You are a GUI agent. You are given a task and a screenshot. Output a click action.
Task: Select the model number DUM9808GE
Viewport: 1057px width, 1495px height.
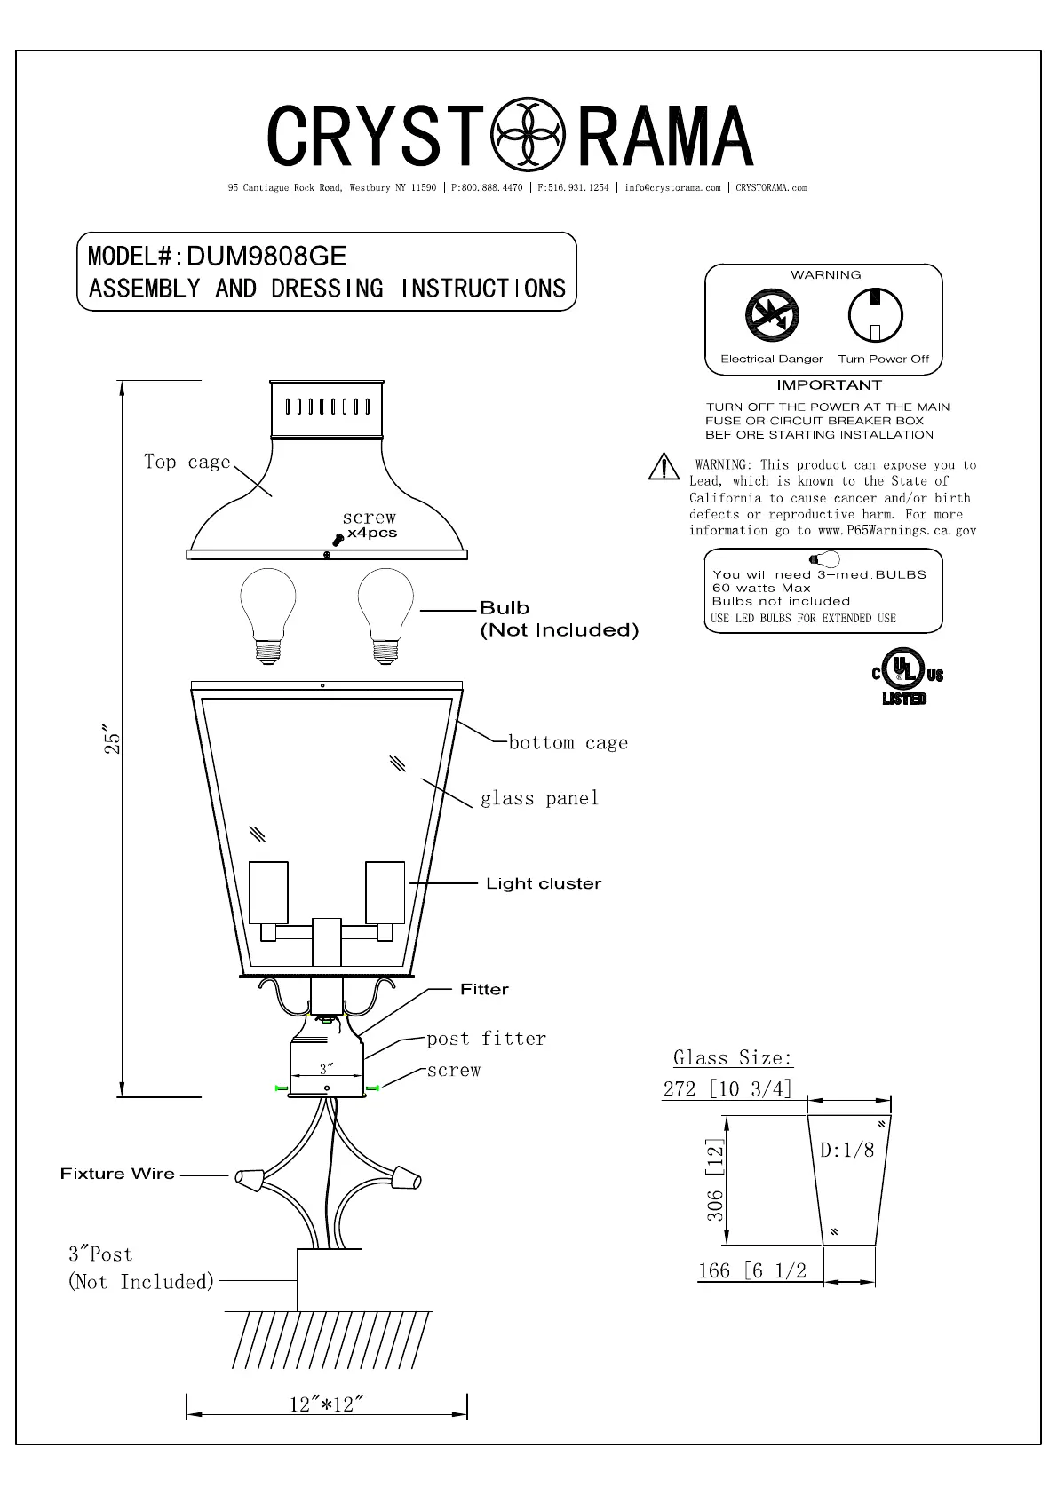(266, 257)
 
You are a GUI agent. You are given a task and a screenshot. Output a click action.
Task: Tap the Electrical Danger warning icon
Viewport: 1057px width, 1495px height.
(772, 316)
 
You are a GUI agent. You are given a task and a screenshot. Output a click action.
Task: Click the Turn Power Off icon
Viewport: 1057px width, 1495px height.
(875, 315)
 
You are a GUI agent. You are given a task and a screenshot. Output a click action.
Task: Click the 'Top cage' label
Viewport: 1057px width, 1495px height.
(187, 462)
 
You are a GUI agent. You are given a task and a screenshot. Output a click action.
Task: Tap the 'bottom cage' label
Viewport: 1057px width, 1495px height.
(568, 743)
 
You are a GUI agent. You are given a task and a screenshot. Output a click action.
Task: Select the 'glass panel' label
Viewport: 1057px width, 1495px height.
(539, 798)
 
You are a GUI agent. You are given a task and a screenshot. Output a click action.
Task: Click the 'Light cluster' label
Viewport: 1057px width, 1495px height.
(544, 883)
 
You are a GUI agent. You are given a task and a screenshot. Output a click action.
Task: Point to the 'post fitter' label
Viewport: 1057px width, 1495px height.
(486, 1039)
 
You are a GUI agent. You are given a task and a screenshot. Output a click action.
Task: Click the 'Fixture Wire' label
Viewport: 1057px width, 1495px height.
(117, 1174)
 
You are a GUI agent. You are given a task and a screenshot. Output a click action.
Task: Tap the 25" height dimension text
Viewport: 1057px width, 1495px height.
(112, 742)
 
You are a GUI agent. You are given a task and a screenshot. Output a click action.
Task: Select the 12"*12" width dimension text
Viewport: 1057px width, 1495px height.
(326, 1404)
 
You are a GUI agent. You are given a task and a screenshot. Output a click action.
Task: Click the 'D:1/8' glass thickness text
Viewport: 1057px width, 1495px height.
(846, 1150)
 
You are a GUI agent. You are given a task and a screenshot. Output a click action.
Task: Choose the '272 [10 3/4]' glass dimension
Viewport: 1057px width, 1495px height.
(727, 1088)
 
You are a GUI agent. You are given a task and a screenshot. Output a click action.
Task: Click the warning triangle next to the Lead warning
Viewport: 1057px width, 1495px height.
(664, 466)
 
